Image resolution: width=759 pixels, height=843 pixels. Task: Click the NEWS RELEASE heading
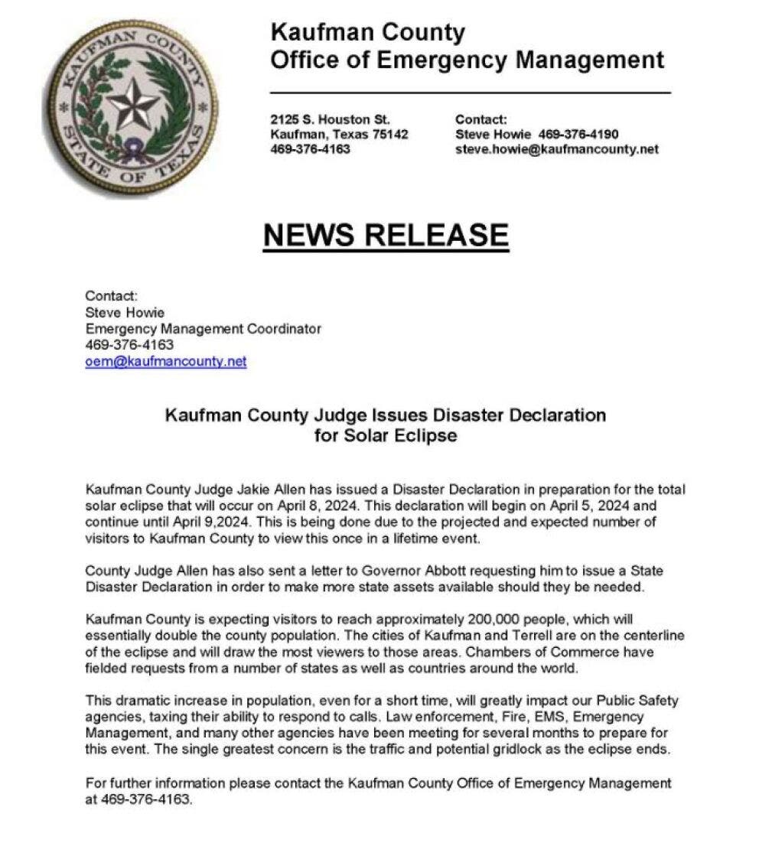point(386,235)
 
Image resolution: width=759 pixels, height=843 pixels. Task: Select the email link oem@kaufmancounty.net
point(166,362)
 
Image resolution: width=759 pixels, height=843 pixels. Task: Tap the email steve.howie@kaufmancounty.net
point(556,149)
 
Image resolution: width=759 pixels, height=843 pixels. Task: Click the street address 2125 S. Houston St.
point(331,119)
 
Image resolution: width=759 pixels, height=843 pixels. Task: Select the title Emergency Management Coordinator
point(203,329)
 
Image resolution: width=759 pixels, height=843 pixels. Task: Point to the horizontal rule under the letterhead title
point(470,93)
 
